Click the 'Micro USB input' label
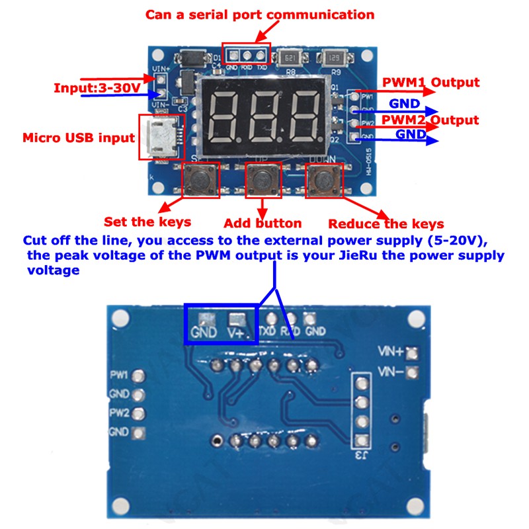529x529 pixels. (x=79, y=138)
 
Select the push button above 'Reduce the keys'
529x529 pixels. (x=325, y=179)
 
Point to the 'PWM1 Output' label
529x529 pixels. (x=430, y=83)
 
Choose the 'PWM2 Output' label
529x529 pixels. (x=430, y=120)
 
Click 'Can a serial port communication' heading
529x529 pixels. (x=260, y=14)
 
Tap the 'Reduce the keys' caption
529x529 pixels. (x=386, y=224)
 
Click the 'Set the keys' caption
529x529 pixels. (x=147, y=222)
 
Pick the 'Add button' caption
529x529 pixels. (x=263, y=223)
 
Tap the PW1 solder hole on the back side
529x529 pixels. (x=138, y=376)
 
